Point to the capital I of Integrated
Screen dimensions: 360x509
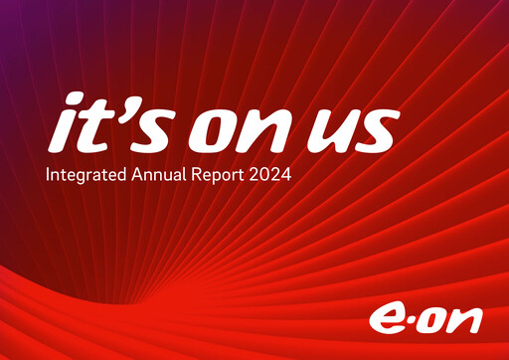pos(48,176)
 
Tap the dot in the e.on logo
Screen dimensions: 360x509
pos(412,320)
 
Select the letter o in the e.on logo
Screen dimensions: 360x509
pos(434,319)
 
